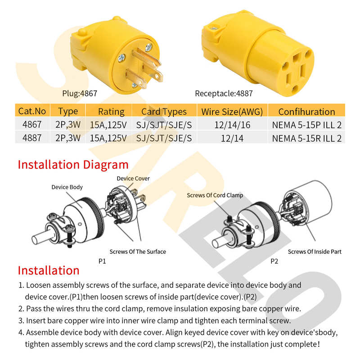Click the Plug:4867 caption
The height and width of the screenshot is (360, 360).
tap(80, 94)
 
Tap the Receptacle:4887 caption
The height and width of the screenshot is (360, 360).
tap(224, 94)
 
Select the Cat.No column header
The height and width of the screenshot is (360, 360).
tap(32, 111)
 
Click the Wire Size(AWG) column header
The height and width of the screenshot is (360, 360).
tap(232, 112)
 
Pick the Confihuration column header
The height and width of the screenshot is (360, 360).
tap(307, 112)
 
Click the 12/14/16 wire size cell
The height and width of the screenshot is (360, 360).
tap(232, 125)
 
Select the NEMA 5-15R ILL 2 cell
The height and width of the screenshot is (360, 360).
tap(307, 138)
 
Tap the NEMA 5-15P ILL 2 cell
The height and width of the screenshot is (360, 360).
tap(307, 125)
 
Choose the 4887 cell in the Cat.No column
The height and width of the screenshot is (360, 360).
tap(32, 138)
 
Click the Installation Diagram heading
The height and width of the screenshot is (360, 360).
tap(73, 165)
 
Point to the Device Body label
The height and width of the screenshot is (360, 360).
tap(67, 187)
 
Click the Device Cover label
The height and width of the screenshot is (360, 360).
tap(133, 178)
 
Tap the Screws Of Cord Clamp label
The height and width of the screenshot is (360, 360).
tap(215, 195)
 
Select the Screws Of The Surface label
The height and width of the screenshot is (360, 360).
tap(138, 252)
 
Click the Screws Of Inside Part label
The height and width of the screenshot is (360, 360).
tap(315, 252)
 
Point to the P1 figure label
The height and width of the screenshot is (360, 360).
tap(102, 261)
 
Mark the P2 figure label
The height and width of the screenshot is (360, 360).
tap(274, 261)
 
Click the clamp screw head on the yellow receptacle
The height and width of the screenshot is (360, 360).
tap(214, 28)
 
